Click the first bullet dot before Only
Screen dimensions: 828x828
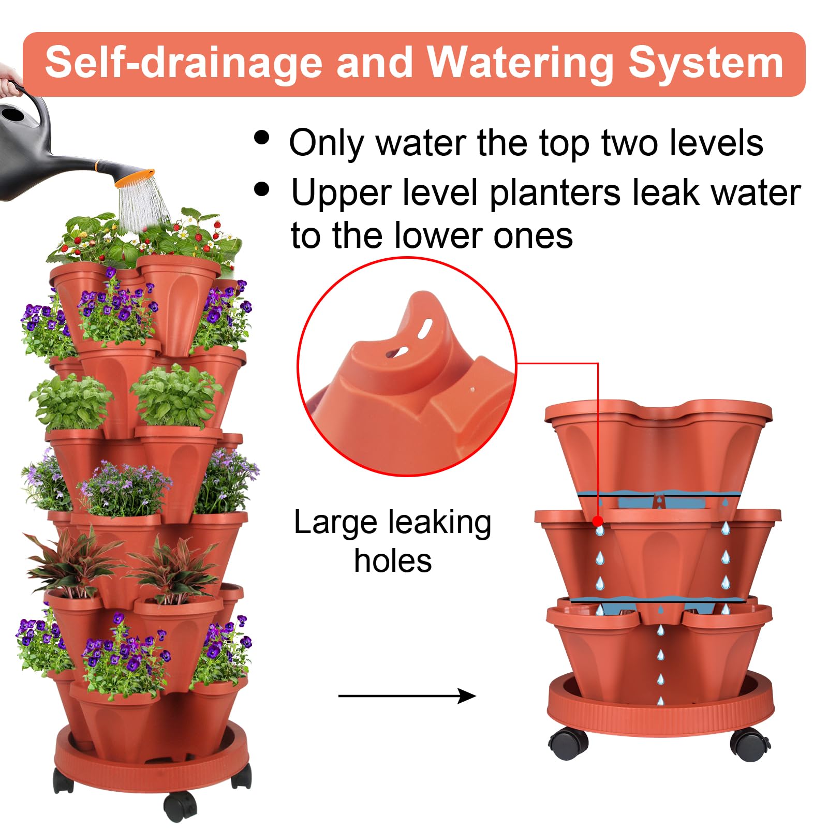tap(262, 138)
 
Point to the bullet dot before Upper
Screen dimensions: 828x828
tap(262, 189)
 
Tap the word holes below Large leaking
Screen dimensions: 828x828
tap(393, 561)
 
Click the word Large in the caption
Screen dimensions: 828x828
tap(336, 523)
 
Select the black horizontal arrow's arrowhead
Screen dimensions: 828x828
tap(468, 696)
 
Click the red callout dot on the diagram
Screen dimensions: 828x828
tap(598, 521)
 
